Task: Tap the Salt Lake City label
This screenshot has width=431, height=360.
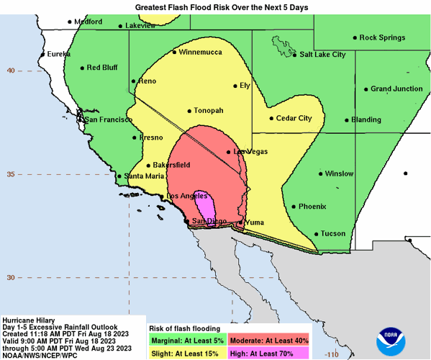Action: [x=322, y=54]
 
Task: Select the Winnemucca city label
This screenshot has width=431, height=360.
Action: [x=201, y=53]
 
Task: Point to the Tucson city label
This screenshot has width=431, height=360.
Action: [x=333, y=233]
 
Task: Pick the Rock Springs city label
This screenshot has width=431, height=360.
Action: [x=383, y=37]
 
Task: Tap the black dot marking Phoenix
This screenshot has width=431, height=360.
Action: [x=294, y=206]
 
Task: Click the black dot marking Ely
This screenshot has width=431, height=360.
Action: [x=235, y=86]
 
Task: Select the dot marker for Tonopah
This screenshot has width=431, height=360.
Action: [x=189, y=111]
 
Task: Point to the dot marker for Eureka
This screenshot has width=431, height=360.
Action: [x=43, y=54]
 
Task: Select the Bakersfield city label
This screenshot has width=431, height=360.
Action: [x=172, y=165]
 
